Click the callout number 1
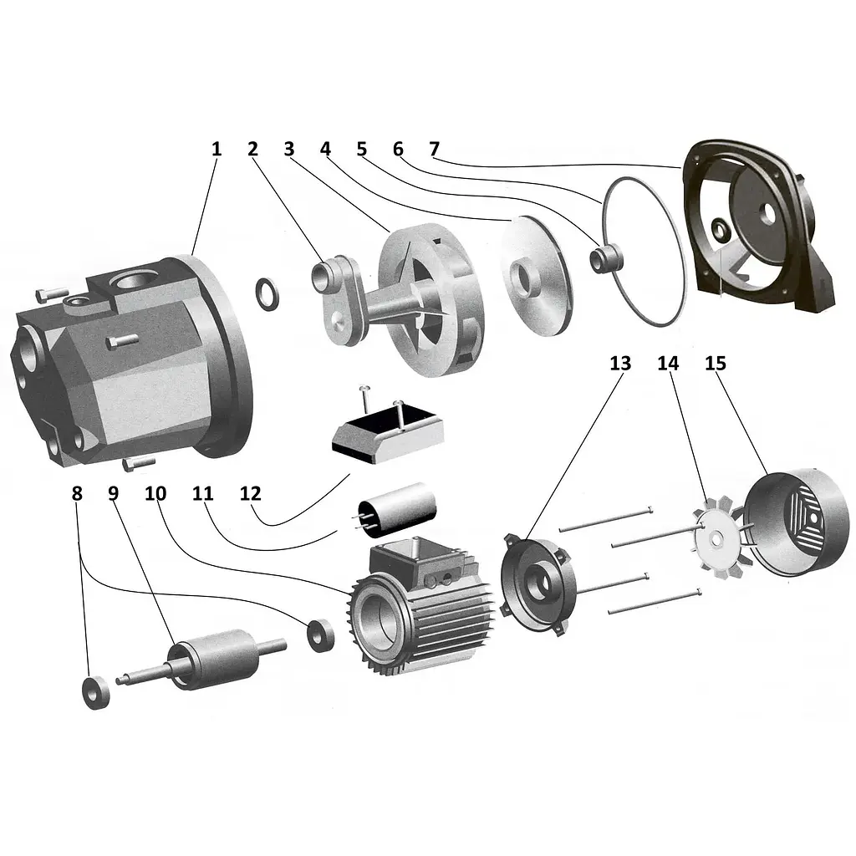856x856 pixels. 217,149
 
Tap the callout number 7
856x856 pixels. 435,149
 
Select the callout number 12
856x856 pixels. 251,493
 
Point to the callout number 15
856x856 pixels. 716,363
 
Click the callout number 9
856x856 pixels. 113,493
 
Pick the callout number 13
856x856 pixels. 621,363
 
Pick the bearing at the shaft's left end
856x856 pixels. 95,692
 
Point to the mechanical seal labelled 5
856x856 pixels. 606,259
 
